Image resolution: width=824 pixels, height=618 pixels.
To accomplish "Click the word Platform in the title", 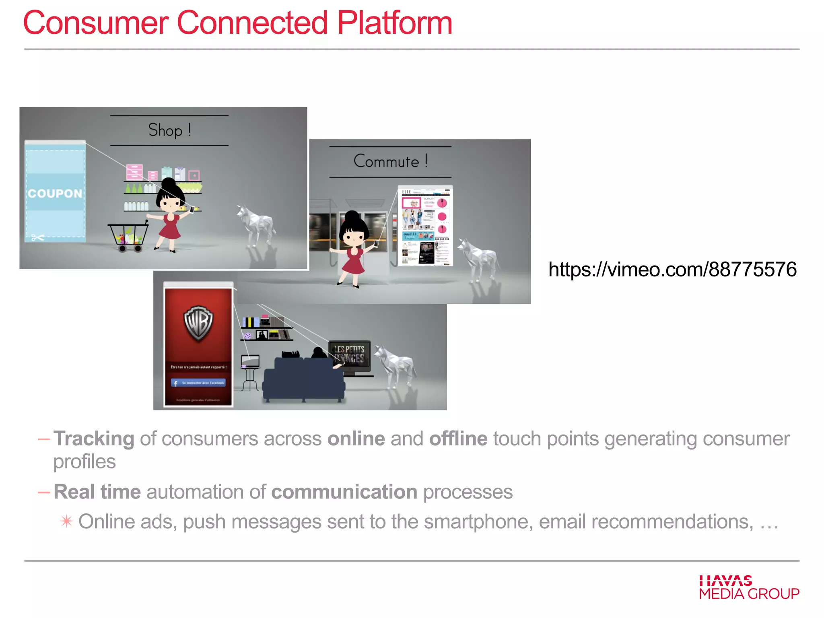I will pos(394,23).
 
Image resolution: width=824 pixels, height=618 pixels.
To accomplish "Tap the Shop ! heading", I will pos(169,130).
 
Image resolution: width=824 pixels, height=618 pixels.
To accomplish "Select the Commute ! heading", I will pos(390,161).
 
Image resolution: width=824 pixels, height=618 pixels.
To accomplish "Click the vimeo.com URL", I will pos(672,269).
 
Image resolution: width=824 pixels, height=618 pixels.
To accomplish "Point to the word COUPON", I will pos(55,194).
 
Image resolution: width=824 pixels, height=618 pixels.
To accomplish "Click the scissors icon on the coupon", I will pos(38,237).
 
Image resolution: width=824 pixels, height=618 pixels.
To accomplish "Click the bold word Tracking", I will pos(94,439).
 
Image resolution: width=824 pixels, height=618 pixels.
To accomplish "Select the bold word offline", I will pos(458,439).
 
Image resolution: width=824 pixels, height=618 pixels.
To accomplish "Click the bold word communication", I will pos(344,492).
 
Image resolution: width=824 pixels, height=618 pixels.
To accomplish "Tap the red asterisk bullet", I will pos(66,521).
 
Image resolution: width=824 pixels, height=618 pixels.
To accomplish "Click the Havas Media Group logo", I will pos(749,587).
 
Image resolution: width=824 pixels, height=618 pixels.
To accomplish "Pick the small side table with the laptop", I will pos(250,374).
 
